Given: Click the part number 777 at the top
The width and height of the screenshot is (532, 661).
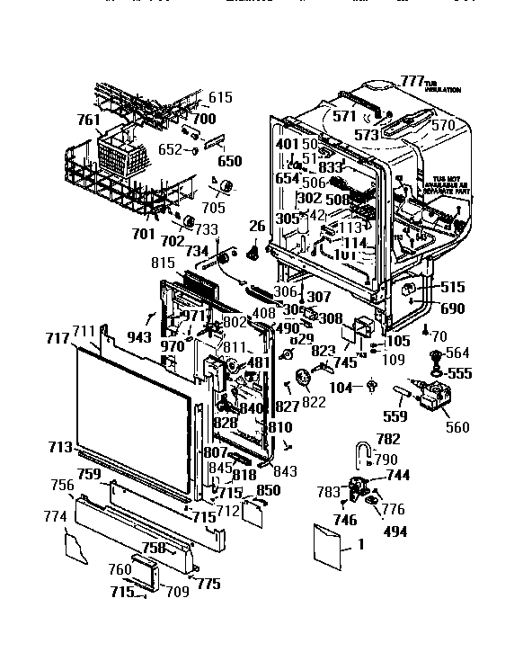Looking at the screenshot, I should point(412,81).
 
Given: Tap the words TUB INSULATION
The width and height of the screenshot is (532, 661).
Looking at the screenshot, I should point(443,86).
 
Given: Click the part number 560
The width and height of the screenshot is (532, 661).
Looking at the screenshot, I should point(457,426).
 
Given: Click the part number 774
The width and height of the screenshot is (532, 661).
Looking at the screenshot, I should point(55,517).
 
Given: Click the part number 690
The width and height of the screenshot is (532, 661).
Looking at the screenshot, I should point(453,308).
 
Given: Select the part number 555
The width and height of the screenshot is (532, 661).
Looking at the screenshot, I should point(459,372).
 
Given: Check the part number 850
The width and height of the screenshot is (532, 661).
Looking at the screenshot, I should point(269,490).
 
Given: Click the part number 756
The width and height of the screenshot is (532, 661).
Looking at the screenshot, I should point(62,485).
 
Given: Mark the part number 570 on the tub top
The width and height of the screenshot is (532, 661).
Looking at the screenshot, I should point(443,126).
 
